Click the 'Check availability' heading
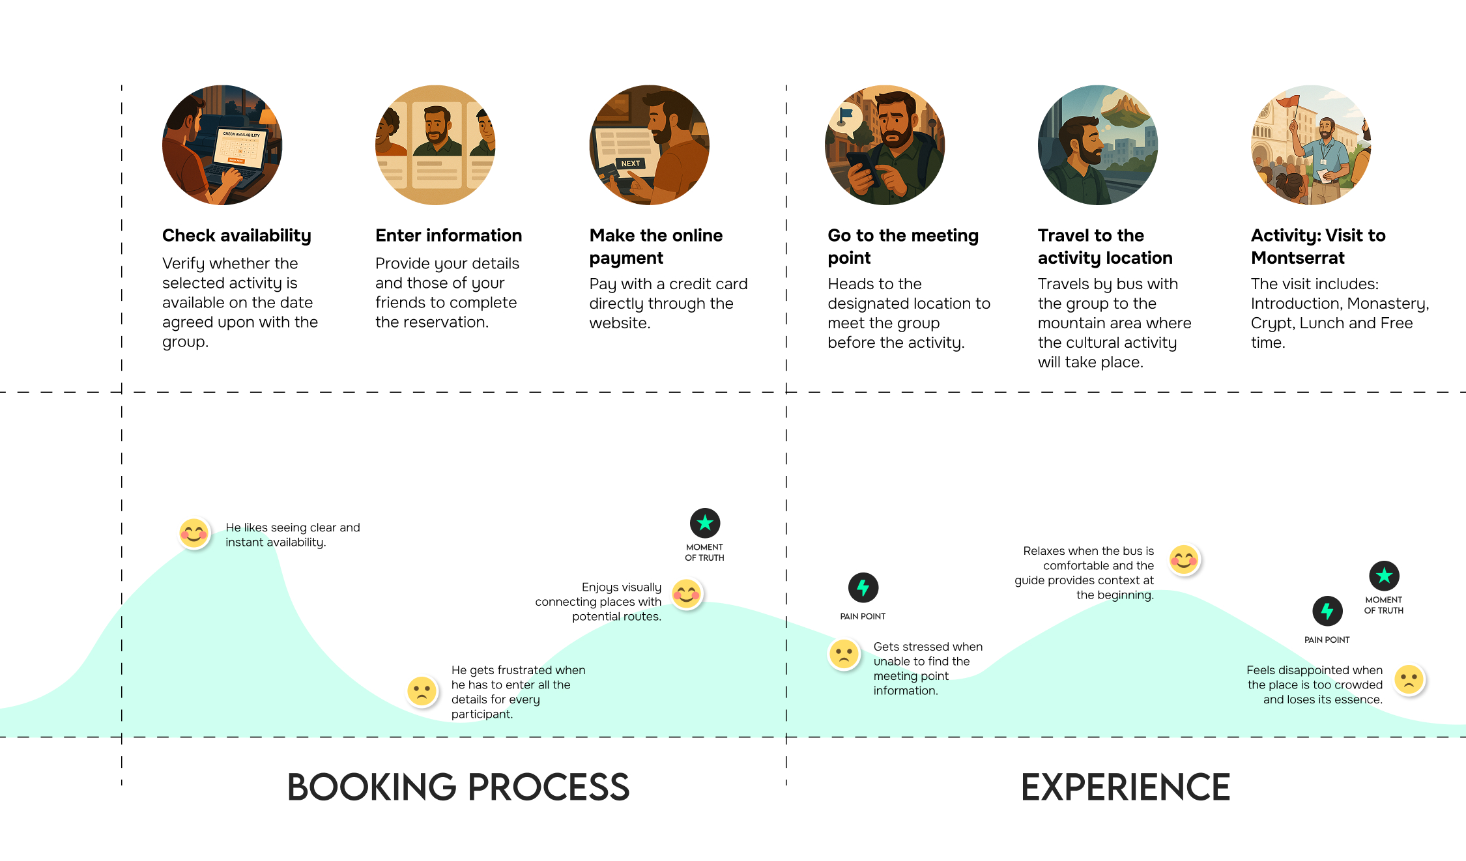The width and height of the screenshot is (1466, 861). pyautogui.click(x=237, y=235)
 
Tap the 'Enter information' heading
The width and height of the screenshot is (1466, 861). pyautogui.click(x=448, y=235)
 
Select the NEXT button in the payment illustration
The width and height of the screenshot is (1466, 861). pyautogui.click(x=630, y=163)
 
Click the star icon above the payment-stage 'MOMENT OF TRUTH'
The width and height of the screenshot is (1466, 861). pyautogui.click(x=704, y=523)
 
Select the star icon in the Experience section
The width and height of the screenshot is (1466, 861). pyautogui.click(x=1384, y=576)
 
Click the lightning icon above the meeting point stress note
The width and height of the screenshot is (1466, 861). pyautogui.click(x=863, y=588)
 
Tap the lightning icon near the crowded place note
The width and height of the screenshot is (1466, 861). pyautogui.click(x=1327, y=611)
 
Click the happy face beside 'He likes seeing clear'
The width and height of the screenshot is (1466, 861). pyautogui.click(x=194, y=534)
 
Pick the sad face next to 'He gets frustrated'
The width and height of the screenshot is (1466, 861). pyautogui.click(x=422, y=691)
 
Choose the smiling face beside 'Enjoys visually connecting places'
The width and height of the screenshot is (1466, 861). pyautogui.click(x=687, y=594)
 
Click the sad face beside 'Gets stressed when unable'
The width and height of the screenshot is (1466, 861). pyautogui.click(x=844, y=654)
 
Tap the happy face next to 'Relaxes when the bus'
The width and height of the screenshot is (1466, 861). pyautogui.click(x=1183, y=559)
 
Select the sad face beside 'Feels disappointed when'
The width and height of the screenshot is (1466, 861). pyautogui.click(x=1409, y=680)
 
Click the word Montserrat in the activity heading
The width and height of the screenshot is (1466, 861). pyautogui.click(x=1297, y=258)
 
